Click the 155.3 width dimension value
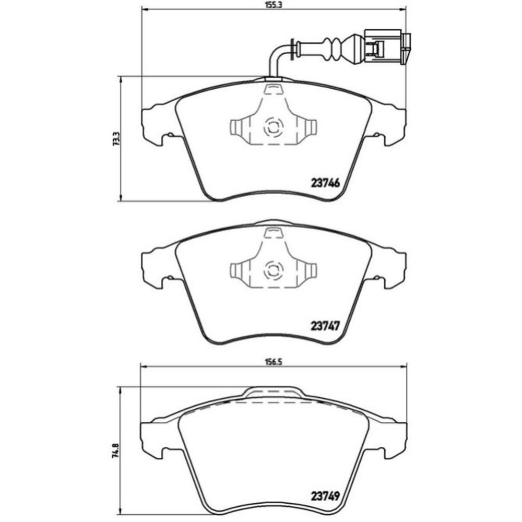(x=274, y=5)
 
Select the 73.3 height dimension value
(x=116, y=139)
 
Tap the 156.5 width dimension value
(x=274, y=363)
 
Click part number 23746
(x=325, y=183)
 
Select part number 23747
(x=325, y=325)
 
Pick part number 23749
(x=325, y=496)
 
